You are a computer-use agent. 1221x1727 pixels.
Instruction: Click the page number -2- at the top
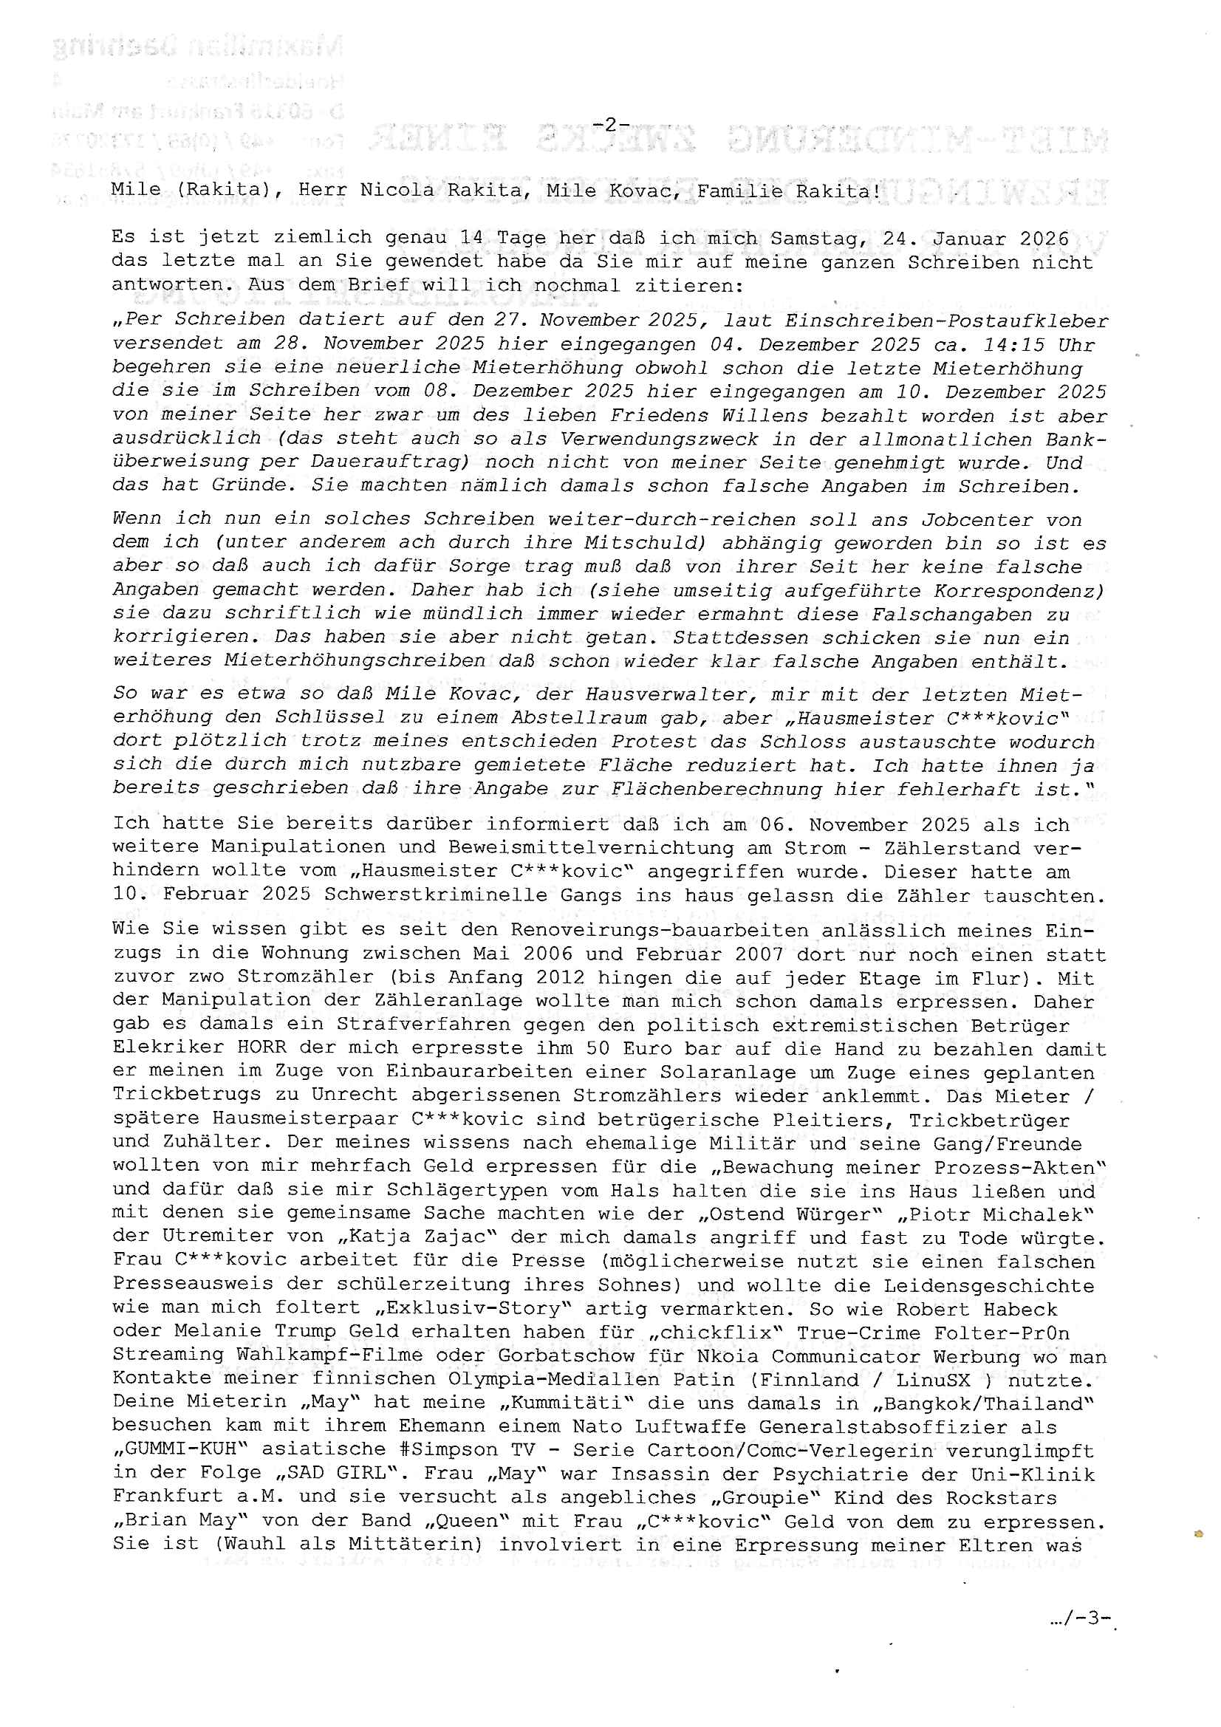(x=610, y=124)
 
